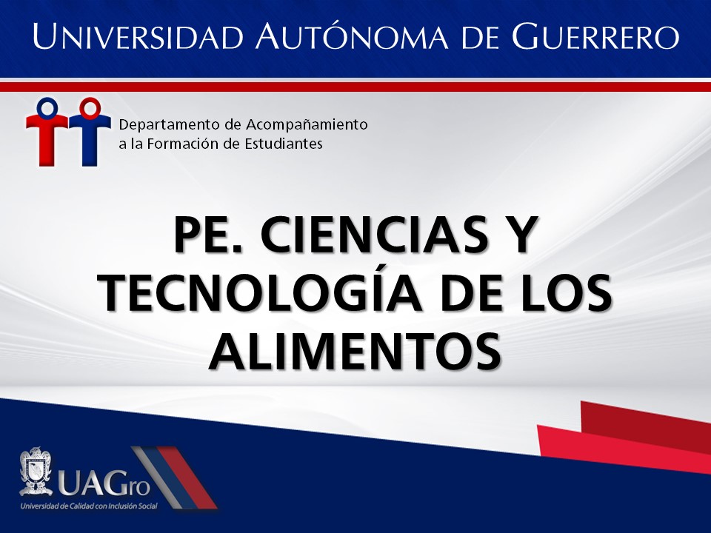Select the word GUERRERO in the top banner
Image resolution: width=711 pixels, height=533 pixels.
coord(595,36)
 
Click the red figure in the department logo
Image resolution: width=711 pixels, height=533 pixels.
coord(47,132)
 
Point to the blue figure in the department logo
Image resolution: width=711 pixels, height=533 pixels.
coord(90,132)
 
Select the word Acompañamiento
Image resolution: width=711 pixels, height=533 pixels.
coord(307,124)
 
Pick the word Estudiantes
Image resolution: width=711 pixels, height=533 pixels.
coord(284,144)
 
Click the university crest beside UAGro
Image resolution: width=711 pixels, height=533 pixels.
coord(36,472)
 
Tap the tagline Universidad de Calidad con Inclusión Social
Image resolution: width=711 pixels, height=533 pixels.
coord(89,506)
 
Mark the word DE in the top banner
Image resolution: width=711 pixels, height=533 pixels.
coord(480,36)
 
